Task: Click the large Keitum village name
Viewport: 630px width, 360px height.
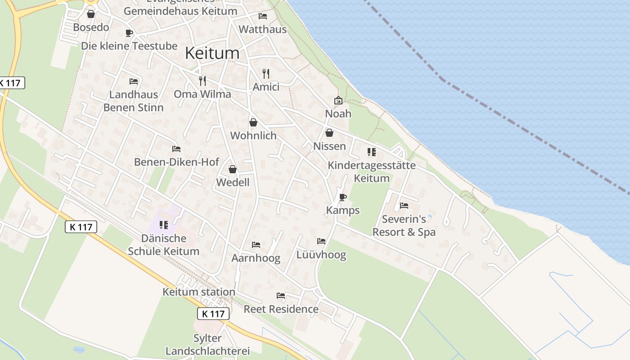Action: click(x=212, y=53)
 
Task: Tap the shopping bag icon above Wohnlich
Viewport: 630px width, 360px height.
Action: click(x=253, y=122)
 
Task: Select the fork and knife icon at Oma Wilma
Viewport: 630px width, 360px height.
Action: click(x=202, y=81)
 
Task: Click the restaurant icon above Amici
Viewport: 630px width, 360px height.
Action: click(x=266, y=73)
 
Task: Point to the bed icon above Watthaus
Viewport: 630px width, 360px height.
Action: click(x=263, y=16)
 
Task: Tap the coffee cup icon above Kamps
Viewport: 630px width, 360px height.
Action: click(x=343, y=197)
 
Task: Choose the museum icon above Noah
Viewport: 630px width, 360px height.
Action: click(x=338, y=100)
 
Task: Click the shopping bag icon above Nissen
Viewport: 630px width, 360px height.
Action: click(x=329, y=133)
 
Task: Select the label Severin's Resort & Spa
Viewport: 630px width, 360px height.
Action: click(x=404, y=225)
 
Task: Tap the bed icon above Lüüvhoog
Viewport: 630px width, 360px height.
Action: click(x=321, y=241)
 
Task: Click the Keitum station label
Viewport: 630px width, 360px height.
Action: click(x=199, y=292)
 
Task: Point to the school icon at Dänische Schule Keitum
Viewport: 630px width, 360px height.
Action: click(x=164, y=225)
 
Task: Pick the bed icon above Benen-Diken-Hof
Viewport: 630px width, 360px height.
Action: click(x=176, y=148)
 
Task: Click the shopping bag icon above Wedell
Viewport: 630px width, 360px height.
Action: click(x=233, y=169)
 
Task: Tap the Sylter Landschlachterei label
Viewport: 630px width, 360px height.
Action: click(x=207, y=344)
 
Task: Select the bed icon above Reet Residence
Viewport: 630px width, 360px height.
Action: click(x=281, y=296)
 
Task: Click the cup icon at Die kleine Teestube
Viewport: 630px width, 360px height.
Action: click(x=129, y=33)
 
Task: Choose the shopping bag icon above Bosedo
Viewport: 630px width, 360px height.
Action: click(x=91, y=14)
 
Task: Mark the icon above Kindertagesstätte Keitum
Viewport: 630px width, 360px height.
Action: click(x=371, y=152)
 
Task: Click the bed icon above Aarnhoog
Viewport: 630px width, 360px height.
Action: click(x=256, y=245)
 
